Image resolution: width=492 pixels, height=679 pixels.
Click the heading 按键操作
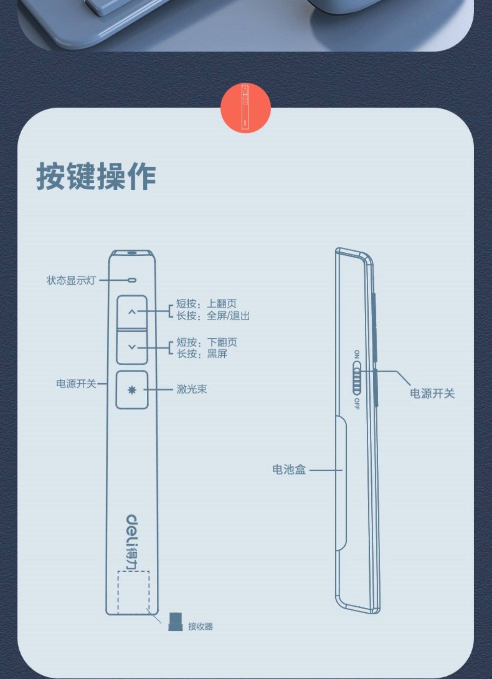[96, 176]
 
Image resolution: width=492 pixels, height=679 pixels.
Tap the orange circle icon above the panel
[245, 108]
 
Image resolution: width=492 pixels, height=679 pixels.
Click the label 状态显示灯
[71, 281]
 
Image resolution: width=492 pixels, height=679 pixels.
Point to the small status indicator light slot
[132, 280]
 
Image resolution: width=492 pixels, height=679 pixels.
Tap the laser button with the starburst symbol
[132, 390]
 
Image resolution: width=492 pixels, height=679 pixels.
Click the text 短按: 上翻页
[206, 304]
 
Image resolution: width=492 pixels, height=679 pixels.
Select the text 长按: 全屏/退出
[213, 316]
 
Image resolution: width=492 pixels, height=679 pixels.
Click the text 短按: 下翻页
[207, 342]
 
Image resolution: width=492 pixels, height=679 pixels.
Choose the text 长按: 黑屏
[202, 354]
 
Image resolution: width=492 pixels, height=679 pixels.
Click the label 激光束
[192, 389]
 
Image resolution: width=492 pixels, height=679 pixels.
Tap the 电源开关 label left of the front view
[76, 384]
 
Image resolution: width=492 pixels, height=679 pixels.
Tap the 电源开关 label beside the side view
[432, 393]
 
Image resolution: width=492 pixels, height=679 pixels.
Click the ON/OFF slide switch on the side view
[357, 378]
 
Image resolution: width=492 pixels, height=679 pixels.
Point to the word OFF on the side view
[357, 404]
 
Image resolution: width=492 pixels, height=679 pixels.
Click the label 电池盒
[289, 470]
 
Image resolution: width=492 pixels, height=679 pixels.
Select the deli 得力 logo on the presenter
[132, 542]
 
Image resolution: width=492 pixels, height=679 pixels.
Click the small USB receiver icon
[175, 622]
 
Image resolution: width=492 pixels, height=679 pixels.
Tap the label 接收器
[200, 626]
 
